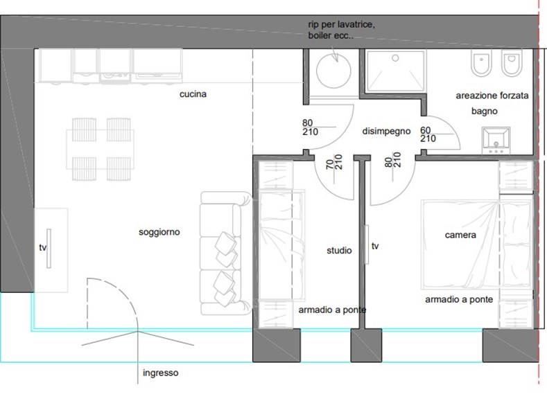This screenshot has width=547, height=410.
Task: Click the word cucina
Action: click(x=193, y=94)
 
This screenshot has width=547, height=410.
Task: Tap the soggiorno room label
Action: click(x=159, y=232)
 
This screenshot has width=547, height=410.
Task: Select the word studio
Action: click(x=339, y=250)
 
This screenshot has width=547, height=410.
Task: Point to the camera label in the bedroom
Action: click(x=460, y=235)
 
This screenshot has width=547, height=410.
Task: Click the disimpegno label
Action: click(x=387, y=132)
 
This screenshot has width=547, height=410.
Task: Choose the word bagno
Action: click(x=484, y=112)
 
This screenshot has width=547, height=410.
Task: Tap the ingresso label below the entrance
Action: click(x=160, y=373)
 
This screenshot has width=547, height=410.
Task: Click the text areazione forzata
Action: click(x=492, y=96)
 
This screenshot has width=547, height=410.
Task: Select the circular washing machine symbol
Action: click(x=333, y=71)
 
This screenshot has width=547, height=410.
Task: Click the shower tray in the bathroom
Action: click(x=395, y=71)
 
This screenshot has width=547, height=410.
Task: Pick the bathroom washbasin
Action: click(x=496, y=141)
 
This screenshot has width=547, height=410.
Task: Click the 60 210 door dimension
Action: click(x=428, y=134)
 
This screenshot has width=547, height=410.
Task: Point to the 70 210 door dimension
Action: click(x=334, y=162)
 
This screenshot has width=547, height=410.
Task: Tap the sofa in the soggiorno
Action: click(x=225, y=253)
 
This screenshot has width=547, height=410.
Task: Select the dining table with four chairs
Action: click(x=101, y=149)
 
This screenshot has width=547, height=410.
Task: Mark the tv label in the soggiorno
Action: click(x=42, y=247)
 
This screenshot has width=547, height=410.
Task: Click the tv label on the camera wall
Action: click(x=375, y=246)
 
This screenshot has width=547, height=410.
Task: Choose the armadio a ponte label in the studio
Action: click(x=332, y=310)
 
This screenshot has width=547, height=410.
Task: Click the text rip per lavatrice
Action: click(x=342, y=25)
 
